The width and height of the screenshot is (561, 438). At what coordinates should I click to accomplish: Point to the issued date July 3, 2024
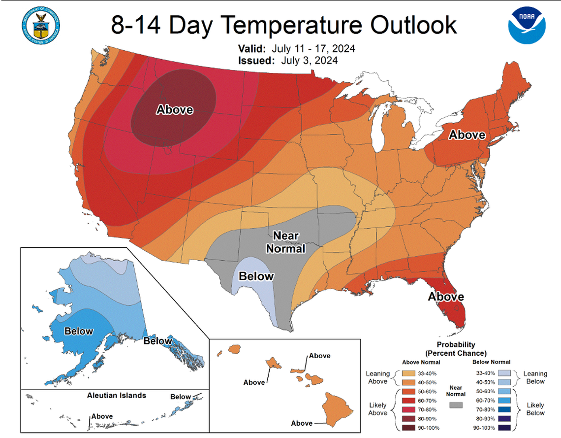pyautogui.click(x=310, y=61)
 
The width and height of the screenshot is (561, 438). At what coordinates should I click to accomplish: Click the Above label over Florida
pyautogui.click(x=445, y=297)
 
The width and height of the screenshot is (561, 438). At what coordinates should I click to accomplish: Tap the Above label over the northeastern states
pyautogui.click(x=467, y=135)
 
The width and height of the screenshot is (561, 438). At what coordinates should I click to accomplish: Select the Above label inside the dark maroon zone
pyautogui.click(x=175, y=110)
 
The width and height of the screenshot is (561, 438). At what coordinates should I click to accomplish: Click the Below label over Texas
pyautogui.click(x=256, y=276)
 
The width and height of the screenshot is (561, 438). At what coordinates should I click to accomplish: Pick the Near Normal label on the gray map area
pyautogui.click(x=285, y=242)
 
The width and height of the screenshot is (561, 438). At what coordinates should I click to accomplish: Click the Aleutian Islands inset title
pyautogui.click(x=116, y=395)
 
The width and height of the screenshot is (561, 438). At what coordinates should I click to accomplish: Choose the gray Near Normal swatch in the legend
pyautogui.click(x=457, y=404)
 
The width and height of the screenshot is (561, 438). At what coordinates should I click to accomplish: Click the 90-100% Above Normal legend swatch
pyautogui.click(x=408, y=427)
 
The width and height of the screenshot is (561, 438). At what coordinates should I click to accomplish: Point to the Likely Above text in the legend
pyautogui.click(x=377, y=409)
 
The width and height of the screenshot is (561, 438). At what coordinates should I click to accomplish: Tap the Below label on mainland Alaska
pyautogui.click(x=79, y=331)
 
